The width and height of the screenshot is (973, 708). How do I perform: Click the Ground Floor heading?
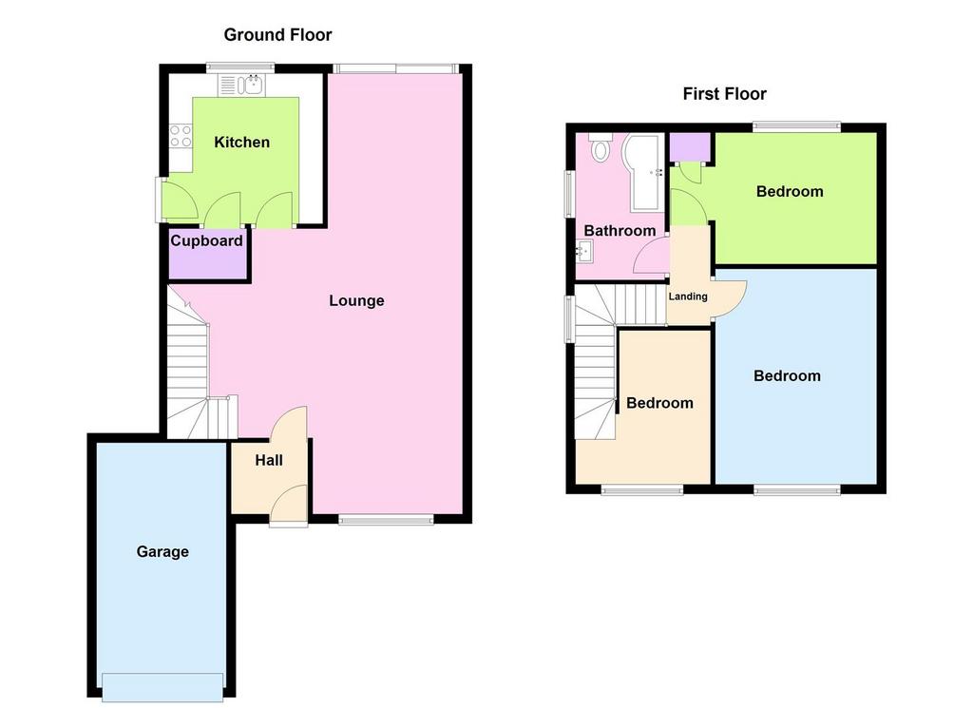coord(277,35)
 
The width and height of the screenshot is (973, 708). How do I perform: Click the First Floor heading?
coord(724,94)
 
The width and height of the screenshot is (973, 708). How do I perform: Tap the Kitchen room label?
coord(242,143)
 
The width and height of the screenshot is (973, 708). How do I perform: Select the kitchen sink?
coord(241,85)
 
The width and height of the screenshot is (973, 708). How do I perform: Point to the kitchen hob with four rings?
coord(181,136)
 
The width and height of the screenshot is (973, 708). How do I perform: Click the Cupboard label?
coord(206,240)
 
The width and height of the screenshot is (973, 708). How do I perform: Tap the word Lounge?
coord(356,301)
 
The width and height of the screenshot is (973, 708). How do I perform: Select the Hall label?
coord(269,460)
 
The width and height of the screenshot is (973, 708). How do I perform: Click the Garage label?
coord(162,551)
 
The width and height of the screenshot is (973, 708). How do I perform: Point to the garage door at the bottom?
coord(162,687)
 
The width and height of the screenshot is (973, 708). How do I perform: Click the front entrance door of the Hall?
coord(289,506)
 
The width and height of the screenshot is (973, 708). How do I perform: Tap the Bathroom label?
coord(620,231)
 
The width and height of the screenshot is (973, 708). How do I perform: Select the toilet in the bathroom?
coord(601,147)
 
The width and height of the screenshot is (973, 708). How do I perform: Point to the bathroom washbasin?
coord(584,251)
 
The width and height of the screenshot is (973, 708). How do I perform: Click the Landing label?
coord(688,297)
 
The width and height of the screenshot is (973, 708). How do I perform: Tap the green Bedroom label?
coord(790,191)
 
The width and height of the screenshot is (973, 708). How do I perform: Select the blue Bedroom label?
coord(787,375)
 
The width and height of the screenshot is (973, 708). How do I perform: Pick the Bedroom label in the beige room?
coord(659,403)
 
